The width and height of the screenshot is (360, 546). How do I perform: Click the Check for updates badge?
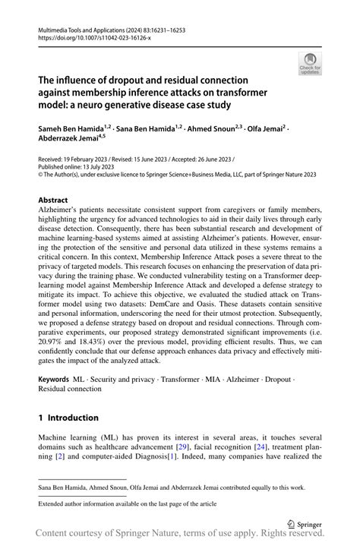point(310,64)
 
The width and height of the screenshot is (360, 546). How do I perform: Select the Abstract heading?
point(53,200)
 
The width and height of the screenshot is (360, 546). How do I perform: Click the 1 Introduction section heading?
point(68,418)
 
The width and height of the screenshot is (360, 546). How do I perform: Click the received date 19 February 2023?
point(95,159)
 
